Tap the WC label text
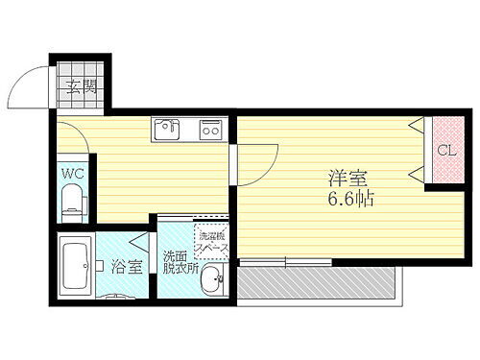click(x=70, y=174)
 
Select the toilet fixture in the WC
click(x=73, y=203)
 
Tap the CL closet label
click(x=445, y=151)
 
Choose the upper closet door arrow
click(x=416, y=126)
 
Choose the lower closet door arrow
click(x=416, y=176)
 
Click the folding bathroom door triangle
click(x=140, y=242)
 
